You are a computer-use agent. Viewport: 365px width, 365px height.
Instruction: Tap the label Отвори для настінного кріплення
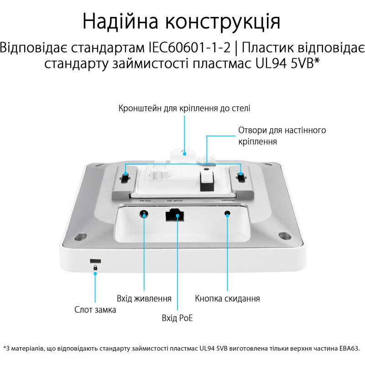coord(282,136)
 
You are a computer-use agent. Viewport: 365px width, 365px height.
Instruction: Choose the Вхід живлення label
coord(144,299)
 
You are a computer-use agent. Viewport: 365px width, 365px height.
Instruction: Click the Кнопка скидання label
coord(227,299)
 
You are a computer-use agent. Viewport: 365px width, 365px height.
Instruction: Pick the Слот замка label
coord(95,310)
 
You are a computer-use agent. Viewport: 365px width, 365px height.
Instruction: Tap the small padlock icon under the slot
coord(95,269)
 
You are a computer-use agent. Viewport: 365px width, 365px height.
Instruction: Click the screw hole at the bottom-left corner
coord(81,237)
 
